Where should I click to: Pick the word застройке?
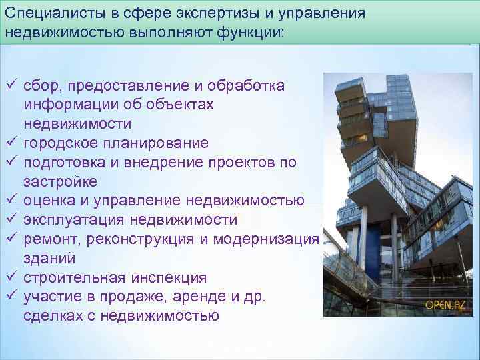click(x=59, y=182)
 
